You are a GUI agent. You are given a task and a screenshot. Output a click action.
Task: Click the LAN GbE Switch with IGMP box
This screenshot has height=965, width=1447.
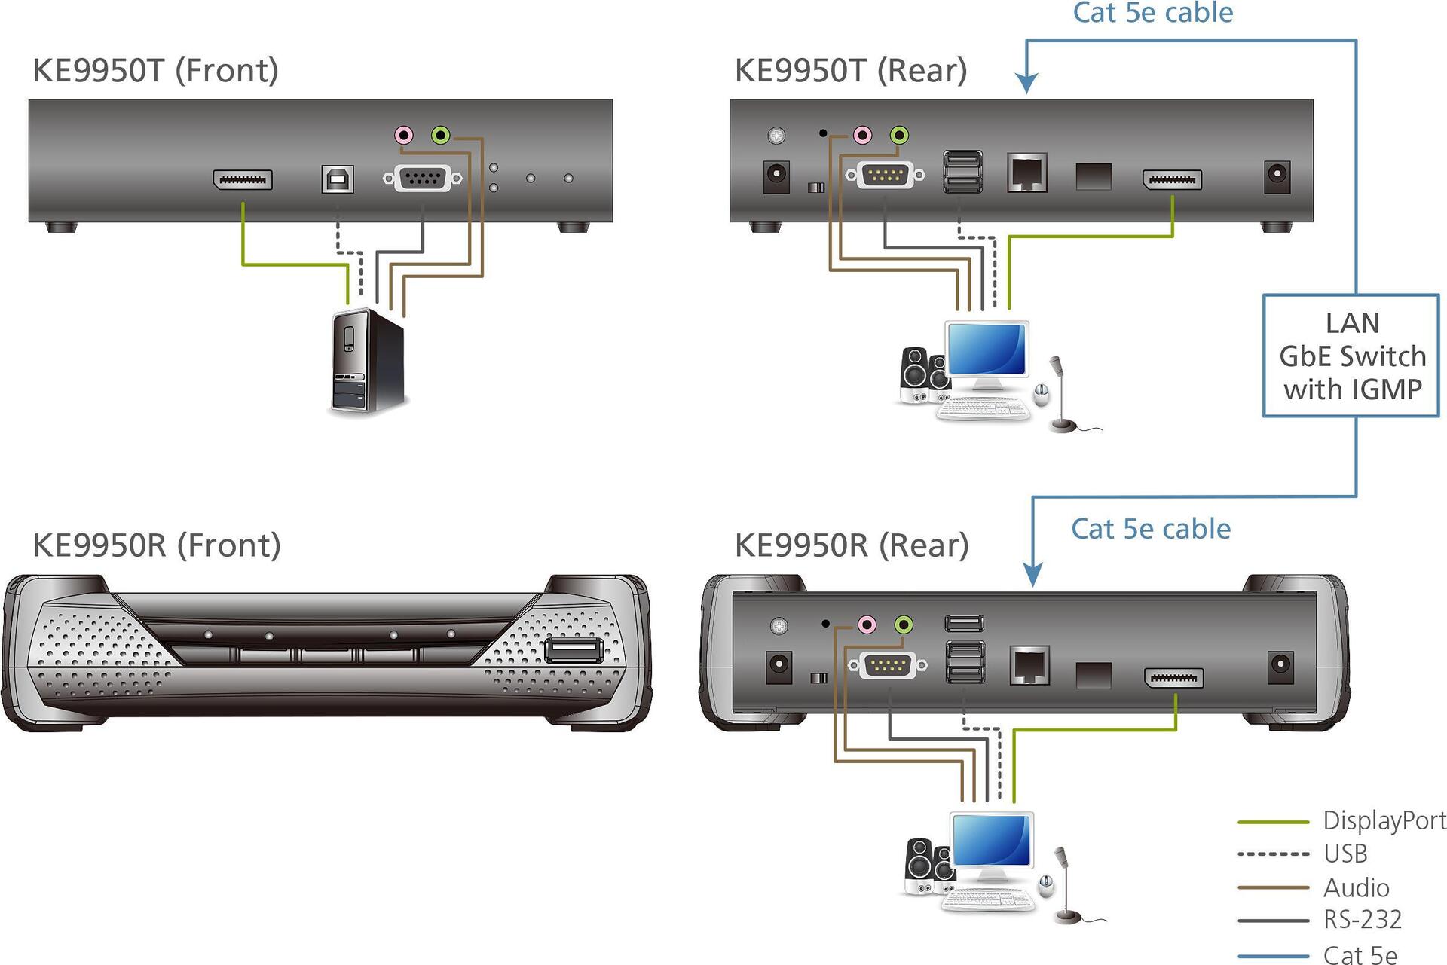1351,356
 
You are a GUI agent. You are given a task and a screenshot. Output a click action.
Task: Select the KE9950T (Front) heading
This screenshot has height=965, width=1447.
155,70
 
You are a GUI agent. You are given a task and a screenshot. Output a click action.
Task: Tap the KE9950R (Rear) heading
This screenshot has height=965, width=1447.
852,545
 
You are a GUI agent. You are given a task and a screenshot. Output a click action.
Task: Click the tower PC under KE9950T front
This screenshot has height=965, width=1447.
367,361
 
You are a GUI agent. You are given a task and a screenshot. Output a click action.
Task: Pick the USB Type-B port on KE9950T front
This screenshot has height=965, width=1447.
337,179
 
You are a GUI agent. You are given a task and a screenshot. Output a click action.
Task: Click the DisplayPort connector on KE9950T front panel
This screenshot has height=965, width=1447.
242,179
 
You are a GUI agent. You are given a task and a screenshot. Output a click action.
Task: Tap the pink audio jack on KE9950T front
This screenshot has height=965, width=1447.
405,136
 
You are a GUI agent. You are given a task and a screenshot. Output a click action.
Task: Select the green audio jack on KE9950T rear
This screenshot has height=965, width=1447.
899,135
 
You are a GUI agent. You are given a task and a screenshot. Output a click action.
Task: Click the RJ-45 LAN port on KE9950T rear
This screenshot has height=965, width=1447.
1026,173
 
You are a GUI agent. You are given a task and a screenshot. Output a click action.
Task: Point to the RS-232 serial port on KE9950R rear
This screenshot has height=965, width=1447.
887,664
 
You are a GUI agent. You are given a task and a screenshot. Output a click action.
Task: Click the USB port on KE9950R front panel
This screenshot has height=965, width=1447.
574,649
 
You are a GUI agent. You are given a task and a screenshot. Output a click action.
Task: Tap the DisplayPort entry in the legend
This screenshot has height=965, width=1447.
1384,820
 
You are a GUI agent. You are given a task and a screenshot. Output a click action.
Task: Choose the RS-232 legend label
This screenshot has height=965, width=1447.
1362,920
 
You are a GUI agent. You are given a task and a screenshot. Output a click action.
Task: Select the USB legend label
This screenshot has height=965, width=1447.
1345,854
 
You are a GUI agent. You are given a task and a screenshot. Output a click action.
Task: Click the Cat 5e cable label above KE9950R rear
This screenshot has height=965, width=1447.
1151,529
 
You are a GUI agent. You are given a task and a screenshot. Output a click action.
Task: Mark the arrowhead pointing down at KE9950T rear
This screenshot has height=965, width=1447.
1026,82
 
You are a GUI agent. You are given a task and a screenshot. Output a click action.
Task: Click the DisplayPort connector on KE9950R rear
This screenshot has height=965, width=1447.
1173,677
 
